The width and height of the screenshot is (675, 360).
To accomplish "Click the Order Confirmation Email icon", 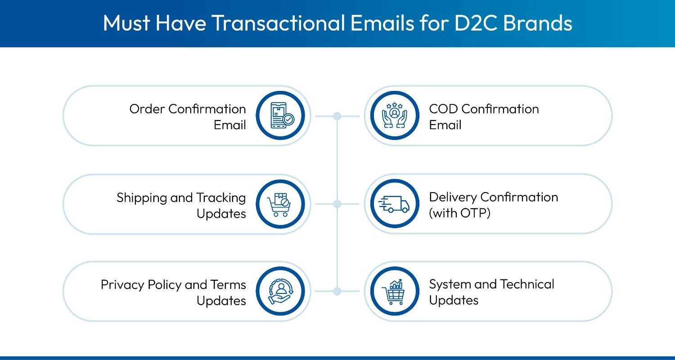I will (280, 116).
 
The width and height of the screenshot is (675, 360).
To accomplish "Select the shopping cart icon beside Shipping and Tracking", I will (280, 204).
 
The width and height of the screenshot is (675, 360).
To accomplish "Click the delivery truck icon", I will (394, 204).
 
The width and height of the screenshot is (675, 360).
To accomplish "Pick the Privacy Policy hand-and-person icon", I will (280, 292).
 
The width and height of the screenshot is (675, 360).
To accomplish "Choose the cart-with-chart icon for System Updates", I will (394, 292).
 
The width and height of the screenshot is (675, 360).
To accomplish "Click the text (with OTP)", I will (459, 213).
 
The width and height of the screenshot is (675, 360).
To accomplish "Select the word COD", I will (443, 109).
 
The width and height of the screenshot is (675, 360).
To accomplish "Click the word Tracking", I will (221, 198).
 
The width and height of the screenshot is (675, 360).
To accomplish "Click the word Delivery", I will (453, 197).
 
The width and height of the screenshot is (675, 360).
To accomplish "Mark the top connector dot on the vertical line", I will (337, 116).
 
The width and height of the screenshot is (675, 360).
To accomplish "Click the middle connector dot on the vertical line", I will (337, 204).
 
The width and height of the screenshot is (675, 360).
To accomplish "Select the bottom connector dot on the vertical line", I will (337, 292).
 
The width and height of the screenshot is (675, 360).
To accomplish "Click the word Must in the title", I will (126, 23).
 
